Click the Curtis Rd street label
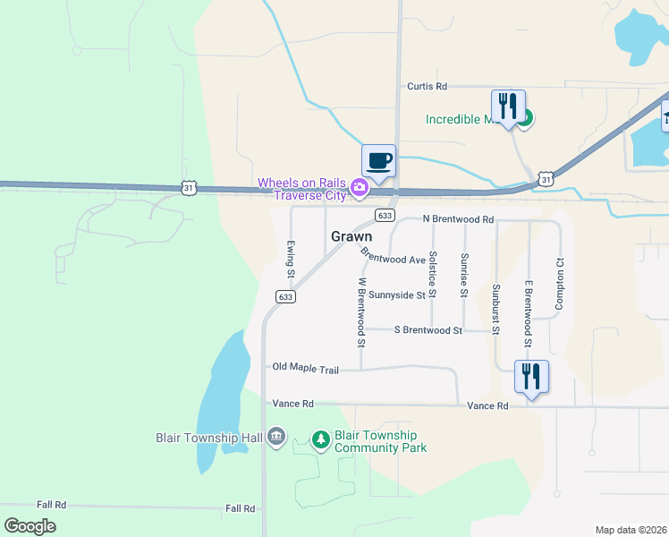(427, 87)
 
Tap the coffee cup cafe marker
(379, 161)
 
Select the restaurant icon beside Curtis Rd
(508, 107)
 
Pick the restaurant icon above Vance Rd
(531, 377)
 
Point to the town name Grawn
(351, 237)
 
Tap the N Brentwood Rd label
(458, 219)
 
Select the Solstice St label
(433, 274)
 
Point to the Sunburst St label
(495, 309)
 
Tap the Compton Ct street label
(559, 284)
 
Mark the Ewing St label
(291, 257)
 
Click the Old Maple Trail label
(306, 369)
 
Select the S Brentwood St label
(428, 330)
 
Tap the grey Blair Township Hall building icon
(275, 437)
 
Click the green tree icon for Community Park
(320, 439)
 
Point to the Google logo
(30, 525)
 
